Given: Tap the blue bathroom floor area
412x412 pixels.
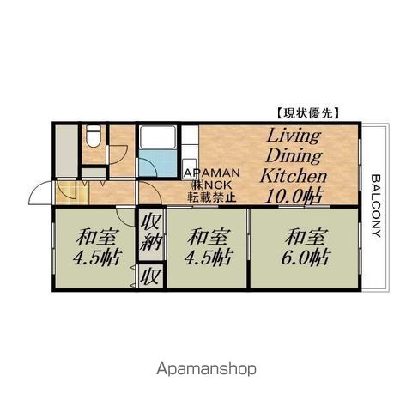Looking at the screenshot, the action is pos(158,164).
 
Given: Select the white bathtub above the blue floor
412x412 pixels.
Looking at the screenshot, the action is pos(157,137).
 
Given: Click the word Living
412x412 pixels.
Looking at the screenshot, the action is pos(294,136).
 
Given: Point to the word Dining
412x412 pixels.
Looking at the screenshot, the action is pos(294,157).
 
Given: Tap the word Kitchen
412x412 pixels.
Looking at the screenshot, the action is pos(294,176).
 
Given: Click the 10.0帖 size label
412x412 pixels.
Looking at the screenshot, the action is pos(294,196).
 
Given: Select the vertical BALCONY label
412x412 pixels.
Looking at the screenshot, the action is pos(377,206).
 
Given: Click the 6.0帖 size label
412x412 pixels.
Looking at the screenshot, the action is pos(306,257).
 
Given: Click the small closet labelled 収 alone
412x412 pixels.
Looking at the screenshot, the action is pos(150,276).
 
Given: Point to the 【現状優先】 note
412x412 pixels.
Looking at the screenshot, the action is pos(309,113).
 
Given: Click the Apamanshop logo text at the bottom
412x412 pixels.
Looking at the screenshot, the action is pos(206,370).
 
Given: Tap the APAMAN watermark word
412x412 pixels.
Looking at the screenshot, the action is pos(211,173).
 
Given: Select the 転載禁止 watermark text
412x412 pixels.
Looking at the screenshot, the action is pos(212,197).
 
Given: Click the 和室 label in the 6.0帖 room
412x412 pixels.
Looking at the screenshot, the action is pos(306,237).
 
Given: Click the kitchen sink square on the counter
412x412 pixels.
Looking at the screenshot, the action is pos(190,166).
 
